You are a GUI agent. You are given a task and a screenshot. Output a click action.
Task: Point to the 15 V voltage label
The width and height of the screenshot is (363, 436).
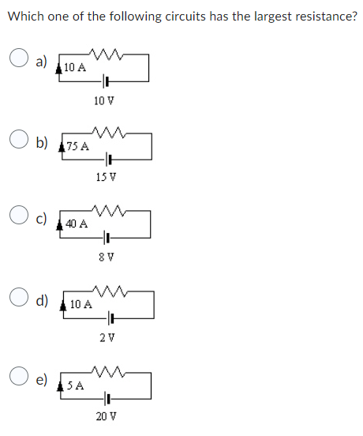[x=107, y=176]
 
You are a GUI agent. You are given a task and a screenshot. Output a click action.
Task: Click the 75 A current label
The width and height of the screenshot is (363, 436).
[x=78, y=146]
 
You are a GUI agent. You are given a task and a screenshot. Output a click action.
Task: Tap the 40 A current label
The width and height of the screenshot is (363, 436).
[x=77, y=224]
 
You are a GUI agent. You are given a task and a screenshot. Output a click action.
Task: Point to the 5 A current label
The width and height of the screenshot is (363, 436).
[x=76, y=385]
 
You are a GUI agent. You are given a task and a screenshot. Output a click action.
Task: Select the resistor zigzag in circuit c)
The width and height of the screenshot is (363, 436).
[x=105, y=209]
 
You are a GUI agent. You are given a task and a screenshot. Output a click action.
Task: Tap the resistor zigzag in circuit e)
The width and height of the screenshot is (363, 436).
[x=105, y=371]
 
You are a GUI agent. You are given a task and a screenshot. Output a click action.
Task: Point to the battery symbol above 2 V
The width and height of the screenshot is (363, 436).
[x=110, y=318]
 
